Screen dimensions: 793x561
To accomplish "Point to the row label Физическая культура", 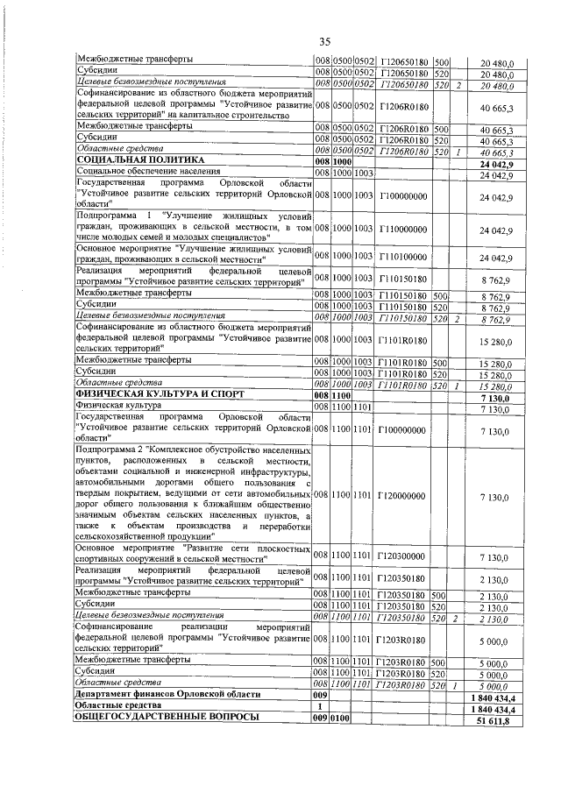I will [117, 407].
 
